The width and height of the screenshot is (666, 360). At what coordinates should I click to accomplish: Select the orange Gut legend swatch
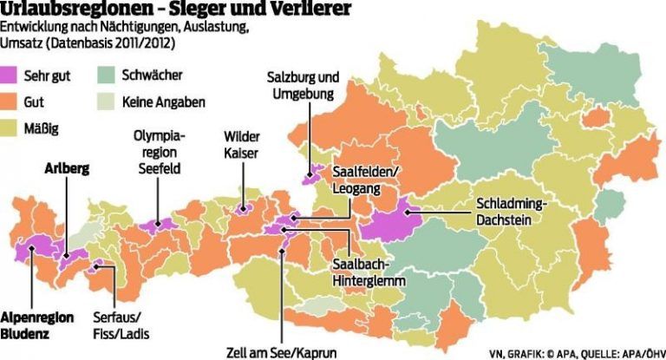coord(14,102)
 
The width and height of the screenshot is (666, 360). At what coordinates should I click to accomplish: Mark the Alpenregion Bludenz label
coord(36,324)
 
